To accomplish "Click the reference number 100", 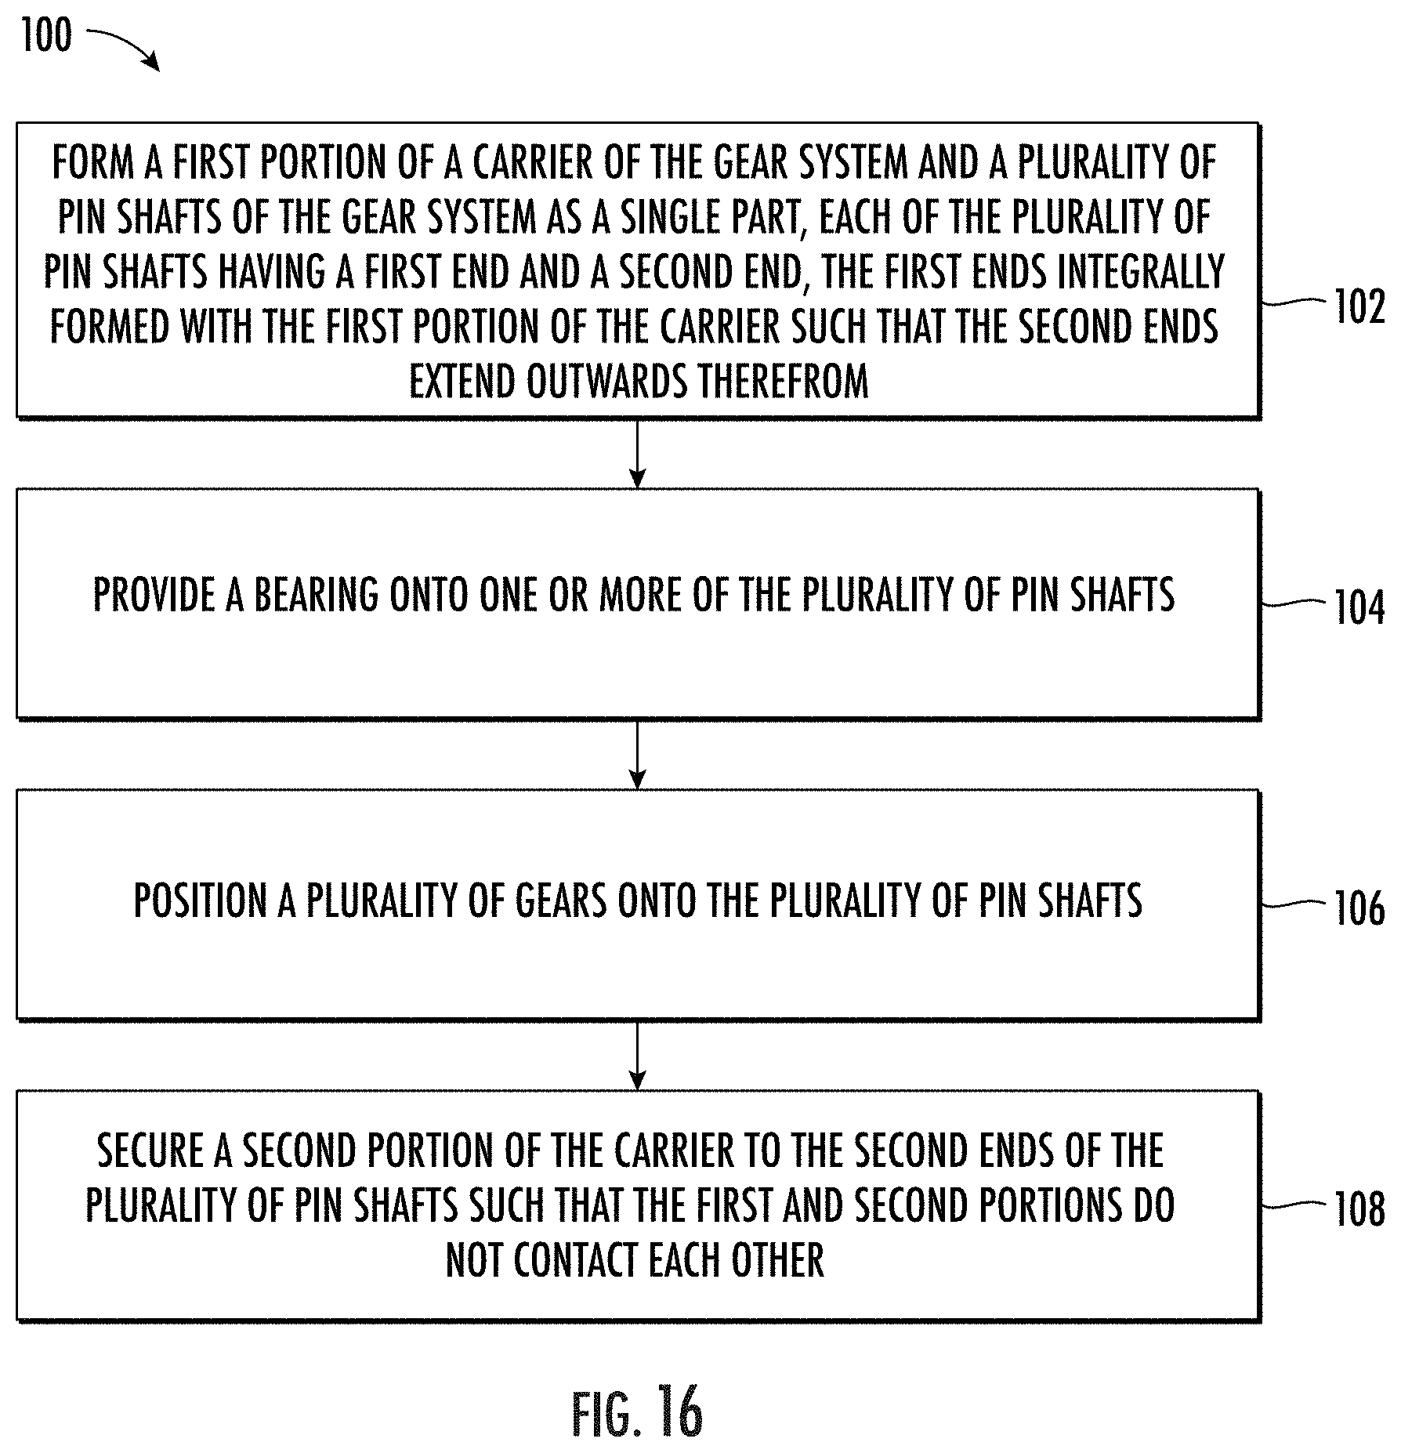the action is (46, 36).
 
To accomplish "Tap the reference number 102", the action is (1359, 307).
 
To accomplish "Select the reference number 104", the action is (1359, 608).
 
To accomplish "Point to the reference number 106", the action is (1359, 909).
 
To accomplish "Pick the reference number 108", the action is (1359, 1209).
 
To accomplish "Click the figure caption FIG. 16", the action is (637, 1411).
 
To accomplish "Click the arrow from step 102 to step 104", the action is (638, 454).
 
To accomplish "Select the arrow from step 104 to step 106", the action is (638, 754).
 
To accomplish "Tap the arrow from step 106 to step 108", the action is (638, 1055).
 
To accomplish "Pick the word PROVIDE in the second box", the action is (154, 595).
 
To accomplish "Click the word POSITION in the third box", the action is (200, 900).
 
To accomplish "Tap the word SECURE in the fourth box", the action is (151, 1150).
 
